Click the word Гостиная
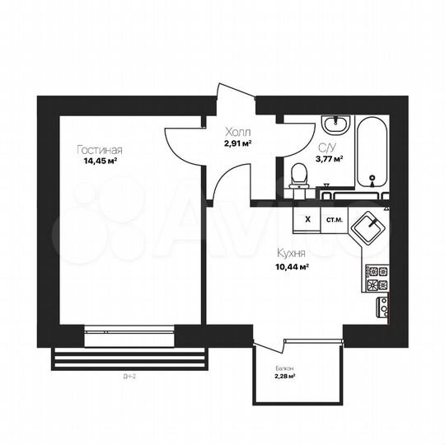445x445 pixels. click(100, 150)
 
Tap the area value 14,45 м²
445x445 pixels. click(100, 161)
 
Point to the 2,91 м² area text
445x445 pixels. click(237, 143)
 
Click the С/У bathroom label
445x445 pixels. click(326, 148)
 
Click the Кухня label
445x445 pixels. click(293, 255)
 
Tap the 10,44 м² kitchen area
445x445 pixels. click(293, 267)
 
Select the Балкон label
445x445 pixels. click(284, 368)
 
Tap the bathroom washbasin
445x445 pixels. click(335, 126)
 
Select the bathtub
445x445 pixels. click(372, 152)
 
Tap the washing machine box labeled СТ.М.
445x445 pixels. click(335, 220)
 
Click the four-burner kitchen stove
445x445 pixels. click(375, 279)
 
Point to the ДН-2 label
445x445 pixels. click(126, 377)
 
